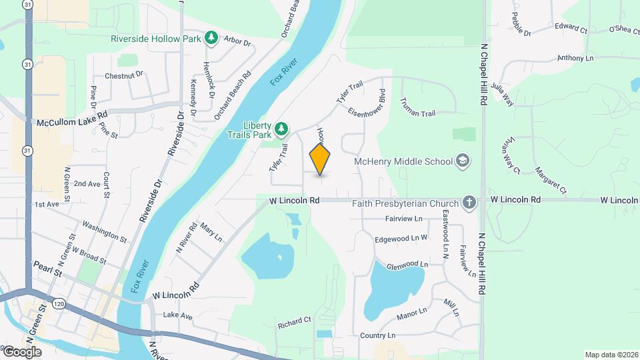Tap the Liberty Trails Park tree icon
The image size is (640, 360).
pos(282,127)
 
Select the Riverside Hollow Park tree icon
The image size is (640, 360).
pos(211,38)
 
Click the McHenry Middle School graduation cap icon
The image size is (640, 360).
pos(462,161)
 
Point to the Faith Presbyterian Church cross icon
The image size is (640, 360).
pos(469,203)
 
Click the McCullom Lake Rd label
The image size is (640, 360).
pos(72,123)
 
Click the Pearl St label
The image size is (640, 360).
pos(49,273)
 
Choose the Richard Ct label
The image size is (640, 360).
pos(295,320)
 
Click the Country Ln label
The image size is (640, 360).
pos(377,335)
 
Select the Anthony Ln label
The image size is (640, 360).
pos(575,58)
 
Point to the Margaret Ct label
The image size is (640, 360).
pos(550,180)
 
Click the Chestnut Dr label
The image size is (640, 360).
pos(124,75)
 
